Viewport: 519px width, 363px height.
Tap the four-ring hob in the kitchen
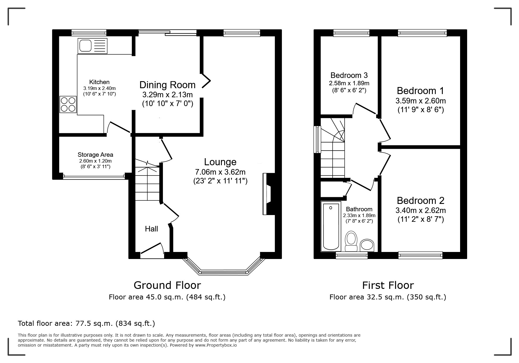(68, 105)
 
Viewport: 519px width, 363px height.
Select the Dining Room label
(167, 85)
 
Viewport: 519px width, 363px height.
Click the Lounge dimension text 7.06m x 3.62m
(220, 172)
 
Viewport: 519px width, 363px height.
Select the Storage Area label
(95, 155)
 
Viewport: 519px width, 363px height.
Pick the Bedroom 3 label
(349, 75)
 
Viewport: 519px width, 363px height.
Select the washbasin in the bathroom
(367, 245)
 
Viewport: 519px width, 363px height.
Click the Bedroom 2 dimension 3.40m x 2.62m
(421, 210)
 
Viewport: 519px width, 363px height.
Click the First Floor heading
(388, 285)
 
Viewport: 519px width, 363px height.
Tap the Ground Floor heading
(167, 285)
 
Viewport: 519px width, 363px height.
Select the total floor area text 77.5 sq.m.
(86, 323)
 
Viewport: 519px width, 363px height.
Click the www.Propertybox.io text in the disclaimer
(216, 345)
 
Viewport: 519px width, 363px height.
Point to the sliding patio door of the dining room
(167, 32)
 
